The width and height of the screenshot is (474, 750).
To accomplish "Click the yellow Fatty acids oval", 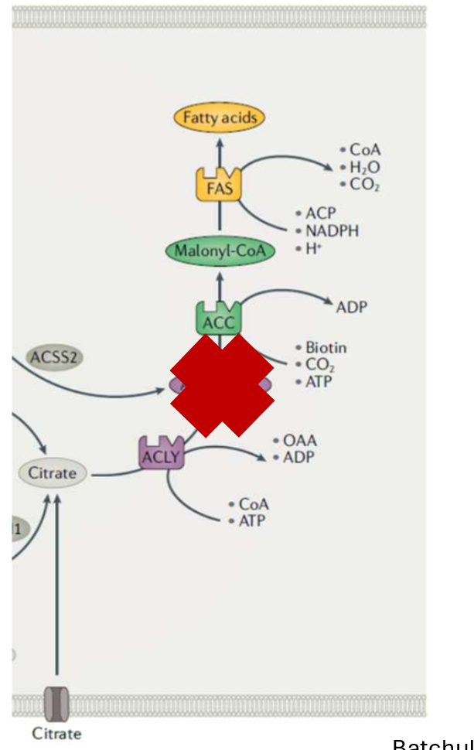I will tap(219, 118).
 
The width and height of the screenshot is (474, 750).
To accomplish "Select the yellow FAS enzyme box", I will tap(219, 186).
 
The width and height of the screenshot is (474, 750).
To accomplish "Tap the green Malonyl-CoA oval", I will tap(220, 251).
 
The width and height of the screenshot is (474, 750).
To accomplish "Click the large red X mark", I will tap(221, 385).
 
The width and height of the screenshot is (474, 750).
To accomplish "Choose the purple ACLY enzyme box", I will tap(160, 455).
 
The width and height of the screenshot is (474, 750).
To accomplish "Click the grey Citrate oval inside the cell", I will tap(53, 472).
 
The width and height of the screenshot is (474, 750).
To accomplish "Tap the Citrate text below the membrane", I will tap(56, 733).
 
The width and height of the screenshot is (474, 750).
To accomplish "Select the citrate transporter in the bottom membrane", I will tap(56, 703).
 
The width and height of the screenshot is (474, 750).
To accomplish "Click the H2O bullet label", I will tap(364, 168).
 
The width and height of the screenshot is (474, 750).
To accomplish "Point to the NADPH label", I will tap(332, 230).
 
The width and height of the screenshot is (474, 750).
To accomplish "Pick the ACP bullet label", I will tap(320, 213).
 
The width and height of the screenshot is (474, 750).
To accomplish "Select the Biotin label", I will tap(326, 348).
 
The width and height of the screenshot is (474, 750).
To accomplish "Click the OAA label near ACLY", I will tap(299, 441).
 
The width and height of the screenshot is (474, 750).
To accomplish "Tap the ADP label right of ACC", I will tap(352, 307).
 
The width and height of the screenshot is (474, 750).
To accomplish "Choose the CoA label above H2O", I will tap(365, 150).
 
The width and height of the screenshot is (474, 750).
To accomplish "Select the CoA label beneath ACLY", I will tap(254, 504).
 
